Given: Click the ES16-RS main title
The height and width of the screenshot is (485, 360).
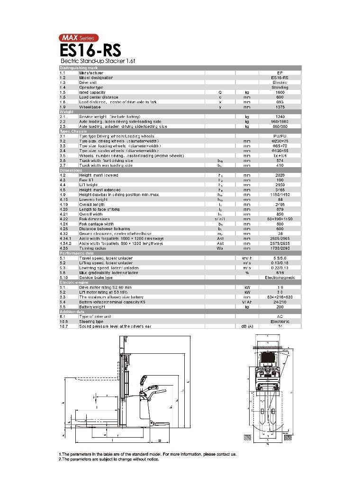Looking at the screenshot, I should [90, 50].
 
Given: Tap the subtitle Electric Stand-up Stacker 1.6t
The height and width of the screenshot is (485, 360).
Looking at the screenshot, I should [91, 61].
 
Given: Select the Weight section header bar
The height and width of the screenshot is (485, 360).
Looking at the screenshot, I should [180, 112].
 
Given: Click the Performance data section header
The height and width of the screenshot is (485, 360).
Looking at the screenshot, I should [180, 253].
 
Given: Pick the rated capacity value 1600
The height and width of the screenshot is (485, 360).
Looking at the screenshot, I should [279, 92].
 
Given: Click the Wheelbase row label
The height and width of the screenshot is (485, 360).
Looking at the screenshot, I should [90, 107].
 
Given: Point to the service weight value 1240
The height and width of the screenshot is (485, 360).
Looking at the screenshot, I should [279, 117].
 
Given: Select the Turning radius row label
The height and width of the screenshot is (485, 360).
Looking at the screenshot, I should [92, 248].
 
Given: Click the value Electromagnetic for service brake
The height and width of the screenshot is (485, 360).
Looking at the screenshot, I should [280, 278].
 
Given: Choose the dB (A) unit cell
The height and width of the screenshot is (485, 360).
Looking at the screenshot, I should [247, 326].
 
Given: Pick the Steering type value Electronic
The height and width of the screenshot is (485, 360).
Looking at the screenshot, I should [280, 322].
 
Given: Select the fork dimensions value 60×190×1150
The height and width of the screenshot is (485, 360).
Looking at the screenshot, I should [280, 219].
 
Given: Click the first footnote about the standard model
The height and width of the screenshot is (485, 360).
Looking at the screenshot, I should [147, 454].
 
